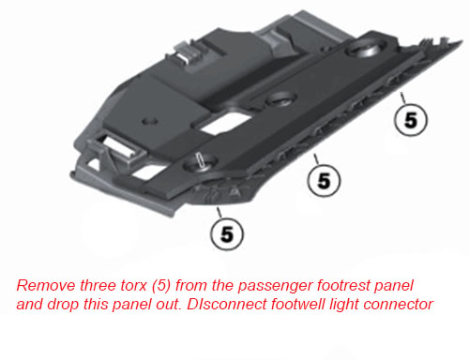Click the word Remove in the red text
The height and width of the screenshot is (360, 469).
tap(46, 286)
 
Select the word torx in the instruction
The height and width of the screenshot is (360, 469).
tap(133, 286)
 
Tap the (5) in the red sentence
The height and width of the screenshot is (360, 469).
tap(161, 286)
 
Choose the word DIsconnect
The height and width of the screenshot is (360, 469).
tap(226, 305)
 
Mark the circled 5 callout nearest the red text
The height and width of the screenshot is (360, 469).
tap(227, 233)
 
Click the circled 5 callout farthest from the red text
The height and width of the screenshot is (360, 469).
tap(411, 120)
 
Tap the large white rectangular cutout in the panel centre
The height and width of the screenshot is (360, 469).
tap(225, 123)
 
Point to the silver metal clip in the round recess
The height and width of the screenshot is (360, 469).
tap(200, 160)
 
